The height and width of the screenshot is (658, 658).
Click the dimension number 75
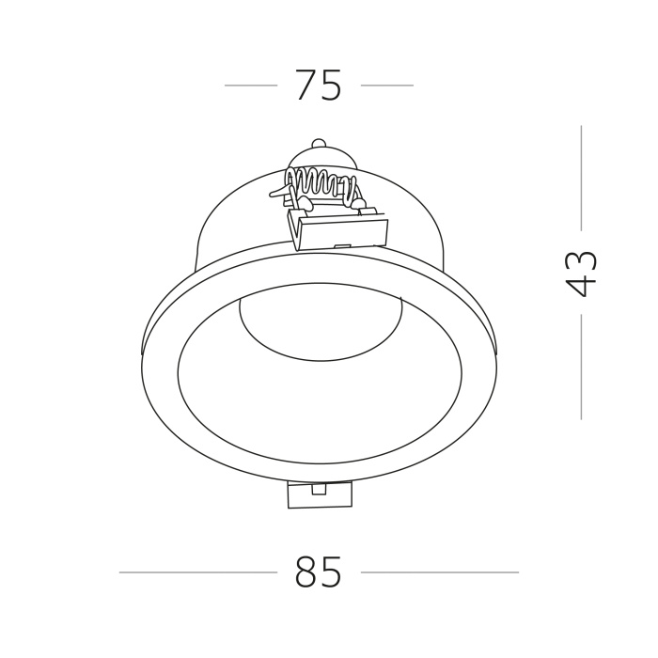coord(319,86)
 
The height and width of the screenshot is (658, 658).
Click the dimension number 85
coord(319,572)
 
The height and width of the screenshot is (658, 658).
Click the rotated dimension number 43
coord(581,274)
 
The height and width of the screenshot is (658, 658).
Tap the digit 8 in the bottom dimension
coord(305,572)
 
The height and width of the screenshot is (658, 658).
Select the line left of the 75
coord(251,86)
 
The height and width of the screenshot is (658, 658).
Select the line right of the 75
coord(387,86)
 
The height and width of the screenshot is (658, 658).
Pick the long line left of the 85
coord(198,572)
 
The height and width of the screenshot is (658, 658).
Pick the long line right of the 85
coord(440,572)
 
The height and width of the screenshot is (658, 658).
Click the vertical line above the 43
coord(581,178)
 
